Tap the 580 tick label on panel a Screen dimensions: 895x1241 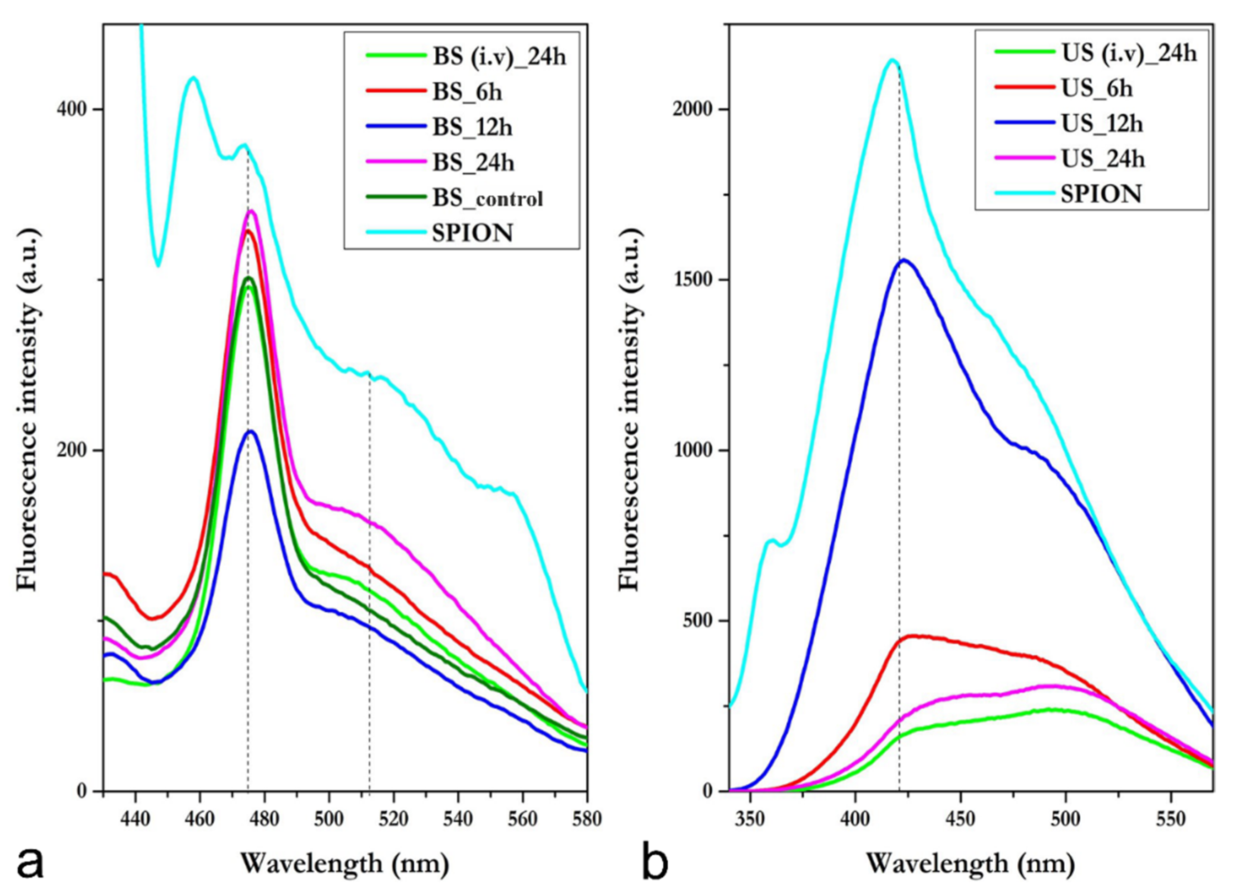coord(587,819)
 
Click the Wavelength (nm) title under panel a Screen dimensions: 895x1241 coord(345,864)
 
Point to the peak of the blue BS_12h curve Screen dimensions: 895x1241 coord(251,431)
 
